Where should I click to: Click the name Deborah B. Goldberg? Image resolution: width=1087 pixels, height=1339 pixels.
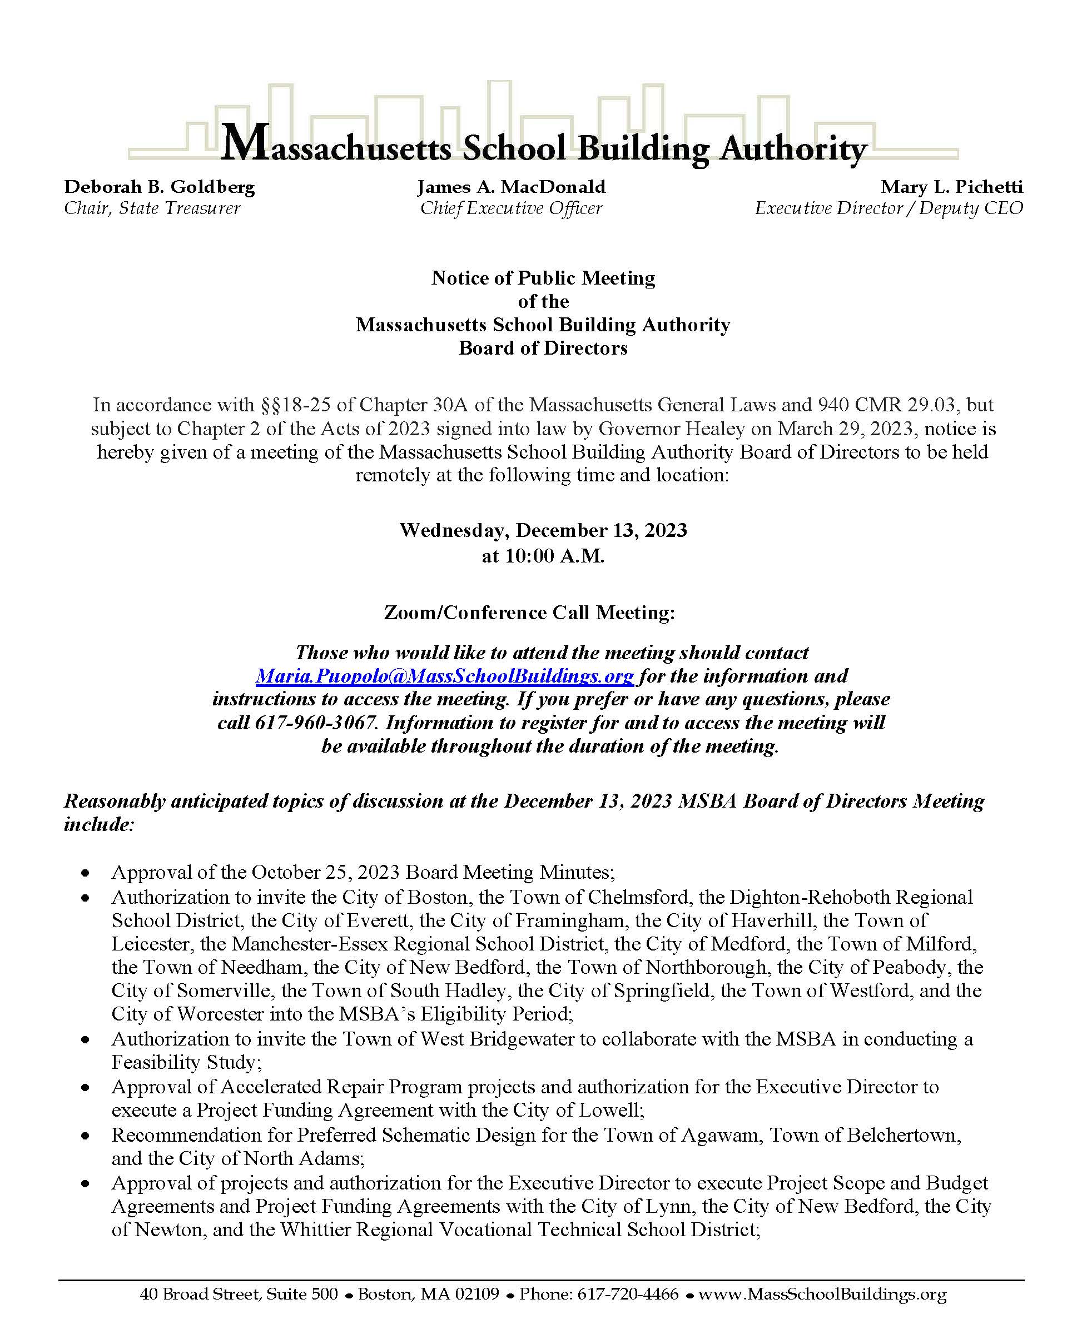160,187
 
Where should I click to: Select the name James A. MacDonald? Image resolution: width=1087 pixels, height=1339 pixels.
511,187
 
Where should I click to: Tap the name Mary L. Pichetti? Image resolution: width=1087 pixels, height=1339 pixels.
951,187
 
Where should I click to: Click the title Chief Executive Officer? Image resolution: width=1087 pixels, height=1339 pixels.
511,208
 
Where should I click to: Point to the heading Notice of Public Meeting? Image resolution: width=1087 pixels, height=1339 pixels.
543,278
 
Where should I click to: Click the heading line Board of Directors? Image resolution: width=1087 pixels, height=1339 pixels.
543,348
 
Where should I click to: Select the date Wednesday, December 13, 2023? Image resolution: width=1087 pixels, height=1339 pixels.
543,531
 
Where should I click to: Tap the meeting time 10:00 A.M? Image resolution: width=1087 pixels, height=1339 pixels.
554,556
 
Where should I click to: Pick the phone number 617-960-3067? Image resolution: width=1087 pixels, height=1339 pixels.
316,723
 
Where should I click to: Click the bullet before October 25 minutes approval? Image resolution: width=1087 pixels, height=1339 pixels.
85,873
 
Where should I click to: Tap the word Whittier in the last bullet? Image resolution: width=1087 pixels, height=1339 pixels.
315,1230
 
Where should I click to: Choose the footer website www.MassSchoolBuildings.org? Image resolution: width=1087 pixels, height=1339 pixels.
822,1294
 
